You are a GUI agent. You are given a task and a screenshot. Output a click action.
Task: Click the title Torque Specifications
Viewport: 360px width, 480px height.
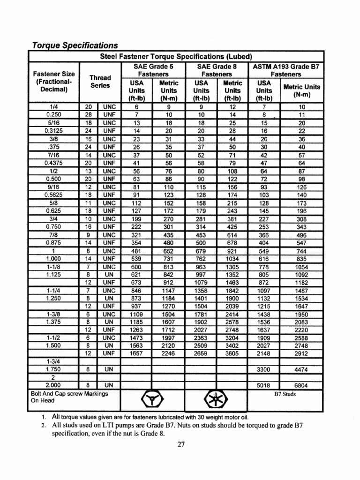pyautogui.click(x=74, y=45)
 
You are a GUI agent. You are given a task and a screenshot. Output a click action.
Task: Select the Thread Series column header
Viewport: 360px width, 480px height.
pyautogui.click(x=100, y=81)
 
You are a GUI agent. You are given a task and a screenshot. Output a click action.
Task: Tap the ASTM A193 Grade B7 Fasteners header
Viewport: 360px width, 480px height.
pyautogui.click(x=285, y=70)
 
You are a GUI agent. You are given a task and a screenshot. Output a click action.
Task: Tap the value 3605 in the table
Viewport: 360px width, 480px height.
pyautogui.click(x=232, y=353)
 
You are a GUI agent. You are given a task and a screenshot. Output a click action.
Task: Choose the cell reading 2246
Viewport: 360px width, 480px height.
pyautogui.click(x=167, y=353)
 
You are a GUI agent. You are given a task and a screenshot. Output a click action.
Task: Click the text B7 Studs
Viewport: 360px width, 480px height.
pyautogui.click(x=285, y=394)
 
